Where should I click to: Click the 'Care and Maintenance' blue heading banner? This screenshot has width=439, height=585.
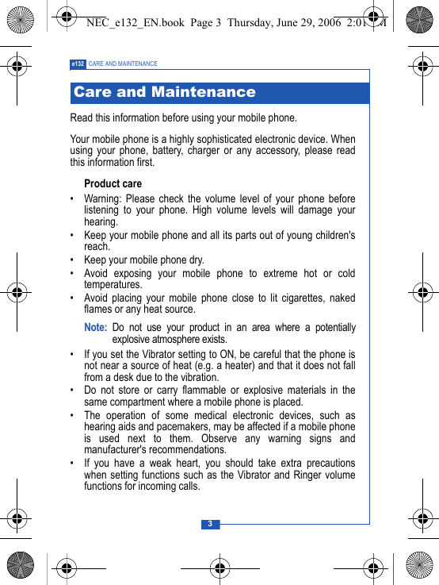pyautogui.click(x=219, y=93)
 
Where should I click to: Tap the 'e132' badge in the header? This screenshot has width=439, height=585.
pyautogui.click(x=78, y=64)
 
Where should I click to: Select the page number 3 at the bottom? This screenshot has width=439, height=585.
pyautogui.click(x=210, y=524)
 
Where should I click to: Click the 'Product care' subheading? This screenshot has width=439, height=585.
pyautogui.click(x=113, y=183)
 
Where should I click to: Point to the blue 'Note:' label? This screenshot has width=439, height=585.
pyautogui.click(x=95, y=327)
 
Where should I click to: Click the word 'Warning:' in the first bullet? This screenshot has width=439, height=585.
pyautogui.click(x=103, y=198)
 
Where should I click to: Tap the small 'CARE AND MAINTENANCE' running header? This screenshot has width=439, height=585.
pyautogui.click(x=123, y=64)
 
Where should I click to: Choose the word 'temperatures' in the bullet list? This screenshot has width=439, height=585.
pyautogui.click(x=113, y=284)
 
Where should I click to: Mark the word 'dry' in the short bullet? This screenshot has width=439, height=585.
pyautogui.click(x=196, y=260)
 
